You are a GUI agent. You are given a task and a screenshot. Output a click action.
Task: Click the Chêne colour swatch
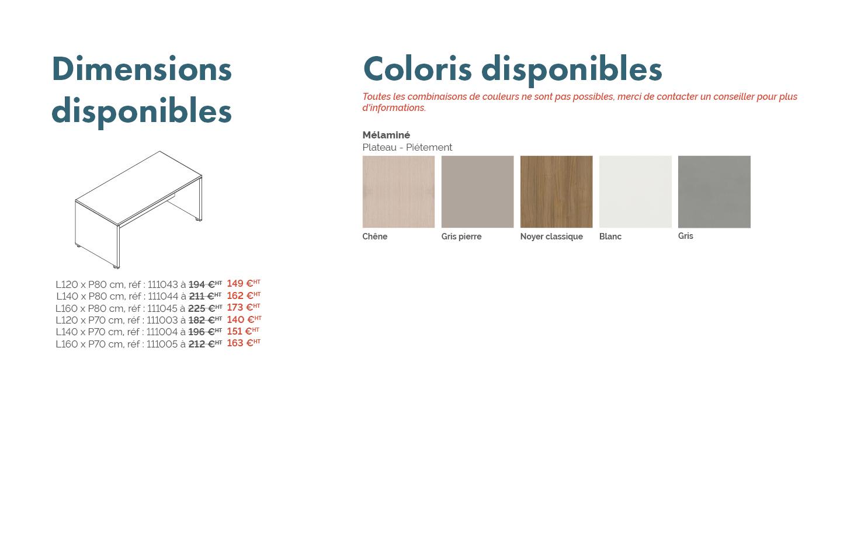398,192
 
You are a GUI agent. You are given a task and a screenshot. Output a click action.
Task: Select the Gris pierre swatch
478,192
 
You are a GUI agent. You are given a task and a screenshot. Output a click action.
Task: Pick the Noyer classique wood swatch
556,192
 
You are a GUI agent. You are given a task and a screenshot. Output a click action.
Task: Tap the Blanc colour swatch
636,192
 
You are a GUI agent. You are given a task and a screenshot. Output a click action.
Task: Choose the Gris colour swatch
714,192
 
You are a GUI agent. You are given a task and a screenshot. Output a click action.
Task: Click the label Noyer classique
551,237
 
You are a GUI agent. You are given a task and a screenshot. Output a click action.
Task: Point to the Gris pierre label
461,237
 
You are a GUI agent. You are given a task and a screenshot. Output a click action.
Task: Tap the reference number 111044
163,297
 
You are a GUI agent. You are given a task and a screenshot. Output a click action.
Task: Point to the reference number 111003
162,320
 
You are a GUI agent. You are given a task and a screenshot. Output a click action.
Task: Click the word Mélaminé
386,135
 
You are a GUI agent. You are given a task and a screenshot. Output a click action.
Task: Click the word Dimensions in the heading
142,69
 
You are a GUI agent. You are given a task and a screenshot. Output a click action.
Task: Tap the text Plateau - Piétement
407,148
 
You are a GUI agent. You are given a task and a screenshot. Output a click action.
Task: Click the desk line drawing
138,210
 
